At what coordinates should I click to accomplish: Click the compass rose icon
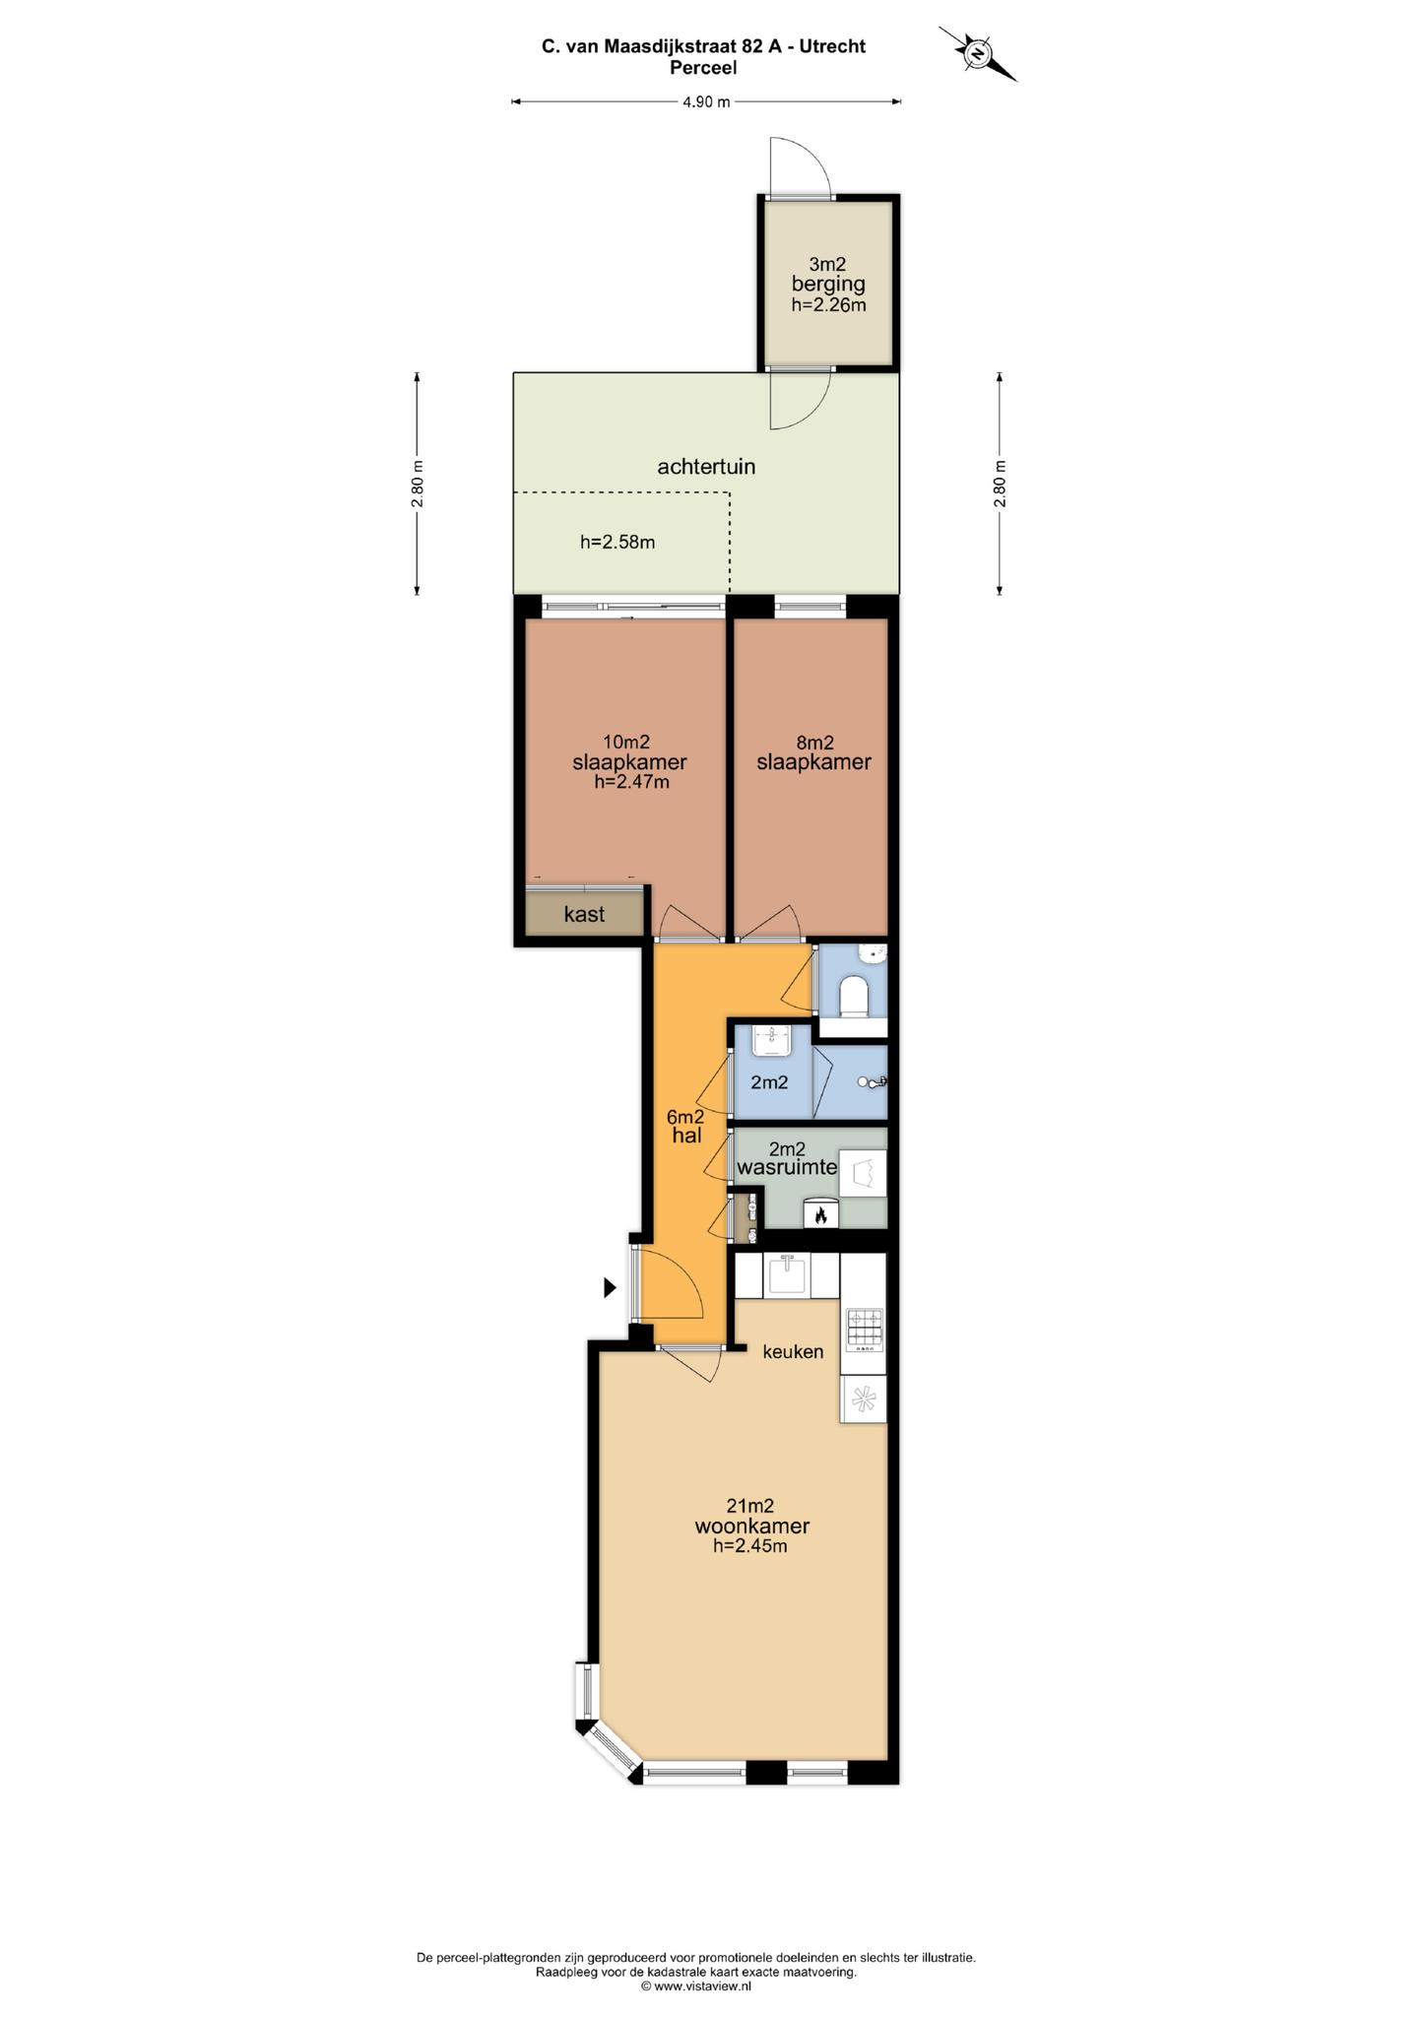[978, 53]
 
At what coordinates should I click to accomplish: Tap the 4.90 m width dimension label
[706, 101]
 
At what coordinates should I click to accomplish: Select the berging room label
[828, 284]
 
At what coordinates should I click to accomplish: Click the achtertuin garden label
[706, 466]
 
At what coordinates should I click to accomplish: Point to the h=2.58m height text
[617, 541]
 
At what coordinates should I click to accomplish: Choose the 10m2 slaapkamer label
[629, 761]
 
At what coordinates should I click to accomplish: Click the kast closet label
[584, 914]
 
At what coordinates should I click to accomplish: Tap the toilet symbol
[853, 997]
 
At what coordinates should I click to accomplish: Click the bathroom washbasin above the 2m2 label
[772, 1039]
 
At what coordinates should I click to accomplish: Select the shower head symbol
[873, 1082]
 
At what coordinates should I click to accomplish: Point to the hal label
[686, 1136]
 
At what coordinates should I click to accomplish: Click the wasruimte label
[787, 1168]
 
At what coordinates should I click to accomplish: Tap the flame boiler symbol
[819, 1215]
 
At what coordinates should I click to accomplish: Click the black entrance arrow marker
[611, 1286]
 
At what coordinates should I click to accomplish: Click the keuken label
[793, 1351]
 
